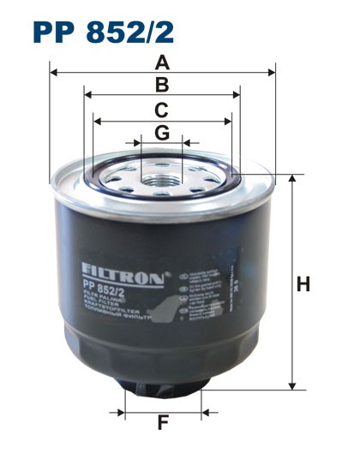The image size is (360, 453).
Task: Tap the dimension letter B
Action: [161, 85]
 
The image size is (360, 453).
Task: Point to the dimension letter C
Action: [161, 109]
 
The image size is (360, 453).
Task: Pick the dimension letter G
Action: [161, 132]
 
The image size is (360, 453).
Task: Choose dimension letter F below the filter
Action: [162, 422]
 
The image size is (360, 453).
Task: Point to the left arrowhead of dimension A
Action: [54, 73]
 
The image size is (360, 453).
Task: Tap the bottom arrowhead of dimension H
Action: [292, 386]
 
